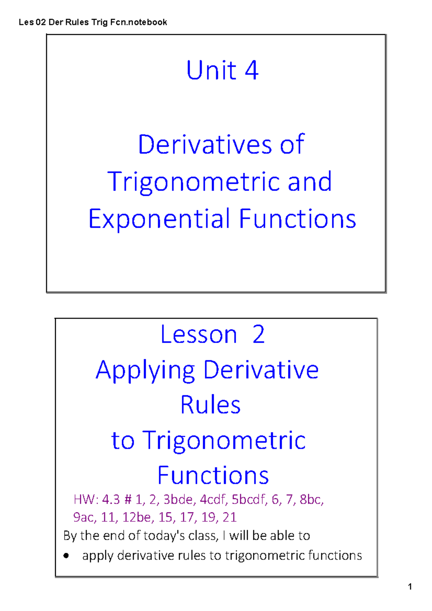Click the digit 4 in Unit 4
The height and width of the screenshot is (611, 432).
(x=252, y=70)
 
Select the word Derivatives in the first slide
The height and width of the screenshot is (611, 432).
(x=204, y=145)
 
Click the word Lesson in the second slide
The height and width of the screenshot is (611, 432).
(x=198, y=335)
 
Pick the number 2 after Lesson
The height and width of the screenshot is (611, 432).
(x=258, y=335)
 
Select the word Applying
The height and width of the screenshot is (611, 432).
(x=145, y=371)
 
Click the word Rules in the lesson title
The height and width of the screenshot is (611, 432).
(x=210, y=405)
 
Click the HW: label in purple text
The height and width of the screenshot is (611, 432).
(x=86, y=499)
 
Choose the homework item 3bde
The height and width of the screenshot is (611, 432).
(x=178, y=499)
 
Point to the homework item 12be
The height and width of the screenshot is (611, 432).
(x=136, y=517)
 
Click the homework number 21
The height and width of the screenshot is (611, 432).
(x=229, y=517)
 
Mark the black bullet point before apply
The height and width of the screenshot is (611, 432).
(x=66, y=556)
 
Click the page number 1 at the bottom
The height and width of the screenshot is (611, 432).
(x=410, y=587)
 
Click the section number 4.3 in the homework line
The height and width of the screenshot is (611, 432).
(x=111, y=499)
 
